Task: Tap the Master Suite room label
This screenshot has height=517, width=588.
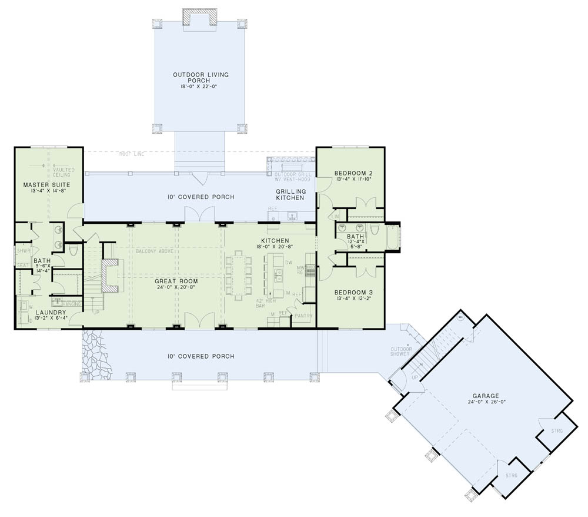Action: (x=39, y=185)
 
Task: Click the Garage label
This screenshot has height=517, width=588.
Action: (x=485, y=396)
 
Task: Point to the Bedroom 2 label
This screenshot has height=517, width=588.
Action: (x=353, y=173)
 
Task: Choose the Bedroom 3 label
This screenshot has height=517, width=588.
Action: (x=353, y=293)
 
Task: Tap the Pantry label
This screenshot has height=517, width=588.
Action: (x=304, y=316)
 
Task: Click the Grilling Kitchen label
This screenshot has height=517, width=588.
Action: (x=290, y=195)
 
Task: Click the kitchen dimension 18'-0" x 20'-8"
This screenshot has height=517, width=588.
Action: (x=275, y=248)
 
